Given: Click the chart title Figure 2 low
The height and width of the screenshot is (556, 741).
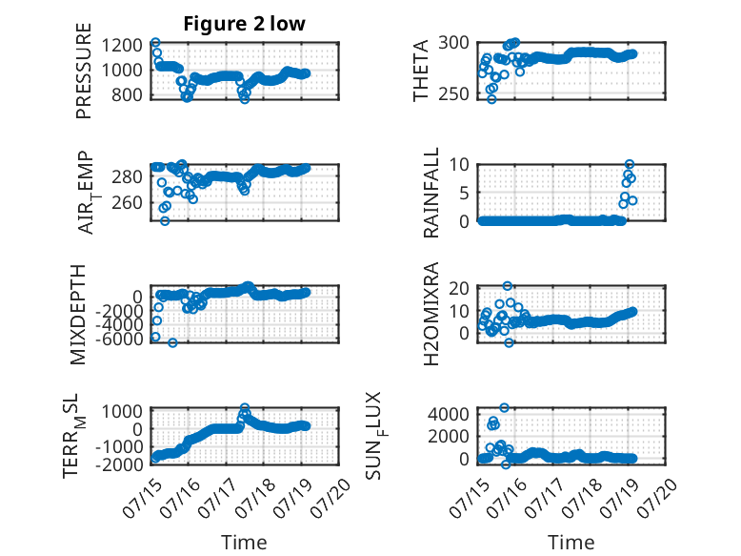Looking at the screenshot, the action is click(x=245, y=24).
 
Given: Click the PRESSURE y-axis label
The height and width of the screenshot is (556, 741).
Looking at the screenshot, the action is click(x=83, y=71).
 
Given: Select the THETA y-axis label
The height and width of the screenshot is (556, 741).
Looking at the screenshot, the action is click(x=420, y=71).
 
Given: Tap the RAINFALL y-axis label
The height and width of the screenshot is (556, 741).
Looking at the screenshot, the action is click(x=431, y=193).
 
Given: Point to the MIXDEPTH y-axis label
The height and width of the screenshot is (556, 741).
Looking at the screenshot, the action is click(x=78, y=315).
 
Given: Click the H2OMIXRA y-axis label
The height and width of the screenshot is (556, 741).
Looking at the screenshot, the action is click(x=431, y=314).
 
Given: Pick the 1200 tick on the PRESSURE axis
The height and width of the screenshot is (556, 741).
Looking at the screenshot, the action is click(x=122, y=46).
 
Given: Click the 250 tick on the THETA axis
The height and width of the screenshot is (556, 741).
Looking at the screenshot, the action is click(x=453, y=93).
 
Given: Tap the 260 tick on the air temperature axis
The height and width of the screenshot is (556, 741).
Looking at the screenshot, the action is click(x=127, y=202).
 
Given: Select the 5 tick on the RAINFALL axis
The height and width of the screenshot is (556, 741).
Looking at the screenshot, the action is click(x=464, y=193).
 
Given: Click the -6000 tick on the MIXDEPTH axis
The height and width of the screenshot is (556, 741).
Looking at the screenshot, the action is click(x=119, y=339).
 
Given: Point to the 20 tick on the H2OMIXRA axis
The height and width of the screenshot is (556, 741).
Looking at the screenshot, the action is click(x=459, y=288).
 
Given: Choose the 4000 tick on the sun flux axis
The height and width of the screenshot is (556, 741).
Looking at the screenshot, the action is click(x=449, y=415).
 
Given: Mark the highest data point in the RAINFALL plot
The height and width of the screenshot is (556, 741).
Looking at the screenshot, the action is click(x=629, y=164).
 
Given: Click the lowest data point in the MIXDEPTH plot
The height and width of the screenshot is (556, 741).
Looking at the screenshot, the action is click(x=172, y=342).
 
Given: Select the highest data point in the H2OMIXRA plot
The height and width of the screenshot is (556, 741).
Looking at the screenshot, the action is click(x=507, y=286).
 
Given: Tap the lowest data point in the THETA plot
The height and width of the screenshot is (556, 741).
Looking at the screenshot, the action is click(x=491, y=99).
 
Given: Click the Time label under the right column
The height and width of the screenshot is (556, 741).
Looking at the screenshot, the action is click(x=571, y=543).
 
